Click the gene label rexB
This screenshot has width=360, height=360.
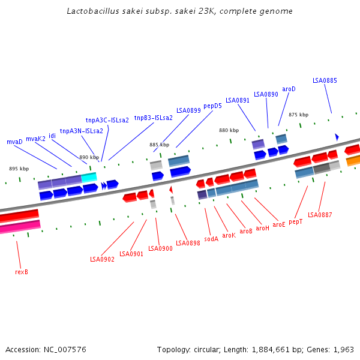pyautogui.click(x=22, y=272)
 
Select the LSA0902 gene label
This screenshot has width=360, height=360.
pyautogui.click(x=102, y=259)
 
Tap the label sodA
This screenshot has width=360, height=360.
pyautogui.click(x=211, y=239)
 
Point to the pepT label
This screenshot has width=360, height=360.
pyautogui.click(x=295, y=222)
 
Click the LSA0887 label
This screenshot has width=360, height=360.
pyautogui.click(x=320, y=215)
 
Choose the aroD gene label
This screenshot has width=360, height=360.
pyautogui.click(x=289, y=89)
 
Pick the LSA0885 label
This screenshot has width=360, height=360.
pyautogui.click(x=325, y=80)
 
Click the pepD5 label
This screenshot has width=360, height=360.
pyautogui.click(x=212, y=106)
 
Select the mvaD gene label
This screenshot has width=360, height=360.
pyautogui.click(x=14, y=142)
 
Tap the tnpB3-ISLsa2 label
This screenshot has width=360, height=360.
pyautogui.click(x=153, y=118)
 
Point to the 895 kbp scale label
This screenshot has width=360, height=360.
pyautogui.click(x=19, y=169)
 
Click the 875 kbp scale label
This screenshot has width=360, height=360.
pyautogui.click(x=298, y=115)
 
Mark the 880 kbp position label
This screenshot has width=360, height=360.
pyautogui.click(x=229, y=130)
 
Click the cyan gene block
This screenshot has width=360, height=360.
pyautogui.click(x=89, y=177)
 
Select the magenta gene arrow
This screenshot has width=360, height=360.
pyautogui.click(x=20, y=227)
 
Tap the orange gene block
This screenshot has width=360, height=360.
pyautogui.click(x=353, y=160)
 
